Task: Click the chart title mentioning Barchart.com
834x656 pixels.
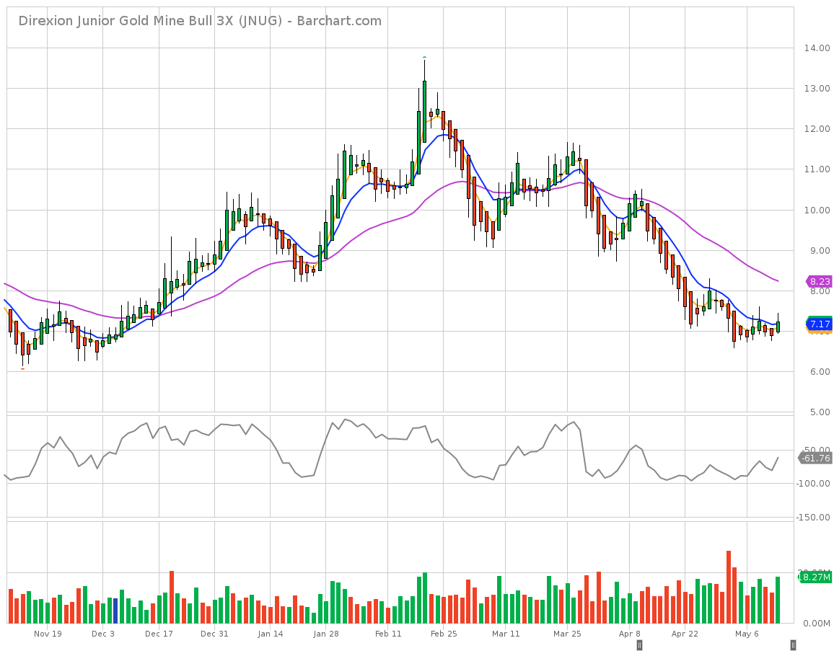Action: pyautogui.click(x=200, y=21)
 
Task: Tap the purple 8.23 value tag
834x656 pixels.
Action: pyautogui.click(x=818, y=282)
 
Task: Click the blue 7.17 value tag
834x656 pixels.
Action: pyautogui.click(x=820, y=324)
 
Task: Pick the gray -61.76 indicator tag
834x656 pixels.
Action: pyautogui.click(x=815, y=458)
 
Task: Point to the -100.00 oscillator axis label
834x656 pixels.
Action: pyautogui.click(x=813, y=483)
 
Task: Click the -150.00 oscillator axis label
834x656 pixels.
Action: pyautogui.click(x=813, y=517)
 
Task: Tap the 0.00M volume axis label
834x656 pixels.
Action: pyautogui.click(x=816, y=624)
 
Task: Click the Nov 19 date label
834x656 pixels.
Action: pyautogui.click(x=48, y=634)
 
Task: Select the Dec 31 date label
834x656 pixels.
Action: pyautogui.click(x=214, y=634)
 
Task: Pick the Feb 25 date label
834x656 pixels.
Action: pyautogui.click(x=443, y=634)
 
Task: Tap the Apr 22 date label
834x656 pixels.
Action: pyautogui.click(x=685, y=634)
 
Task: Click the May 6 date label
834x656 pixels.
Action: pyautogui.click(x=747, y=634)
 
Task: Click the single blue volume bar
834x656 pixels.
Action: pyautogui.click(x=115, y=611)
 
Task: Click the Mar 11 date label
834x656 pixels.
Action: pyautogui.click(x=505, y=634)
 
